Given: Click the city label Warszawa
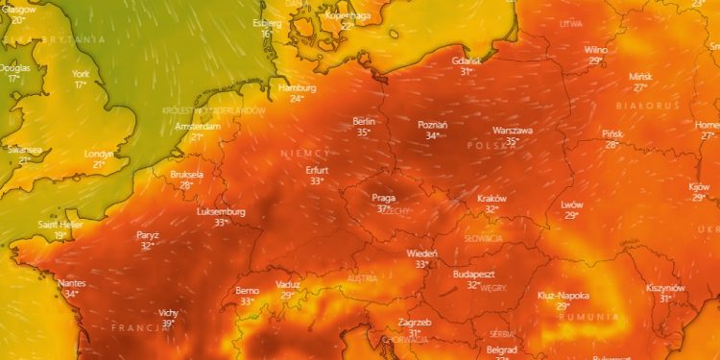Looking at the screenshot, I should [x=512, y=130].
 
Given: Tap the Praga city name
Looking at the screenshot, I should [x=384, y=198].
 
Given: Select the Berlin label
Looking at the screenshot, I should [x=364, y=121].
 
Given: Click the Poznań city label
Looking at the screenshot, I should [x=433, y=125].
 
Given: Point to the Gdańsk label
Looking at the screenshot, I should [x=467, y=60].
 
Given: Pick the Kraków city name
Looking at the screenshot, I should [x=492, y=198].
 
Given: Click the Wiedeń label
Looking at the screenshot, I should [x=420, y=253].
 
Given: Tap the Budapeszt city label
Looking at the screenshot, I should [x=473, y=274].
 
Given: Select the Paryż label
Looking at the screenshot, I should [x=147, y=234].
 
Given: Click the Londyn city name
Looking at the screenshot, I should [x=99, y=154].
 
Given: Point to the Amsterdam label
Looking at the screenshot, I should [x=199, y=126].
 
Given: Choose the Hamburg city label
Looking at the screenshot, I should [x=297, y=87].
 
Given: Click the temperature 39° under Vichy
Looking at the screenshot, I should [x=168, y=324].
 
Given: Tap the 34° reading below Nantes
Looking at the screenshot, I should [x=71, y=294].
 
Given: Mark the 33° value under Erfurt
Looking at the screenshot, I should [x=317, y=180].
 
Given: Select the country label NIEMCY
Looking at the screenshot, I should [x=306, y=154].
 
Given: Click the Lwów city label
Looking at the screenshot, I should [x=572, y=204].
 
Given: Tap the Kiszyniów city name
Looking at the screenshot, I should [x=664, y=288].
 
